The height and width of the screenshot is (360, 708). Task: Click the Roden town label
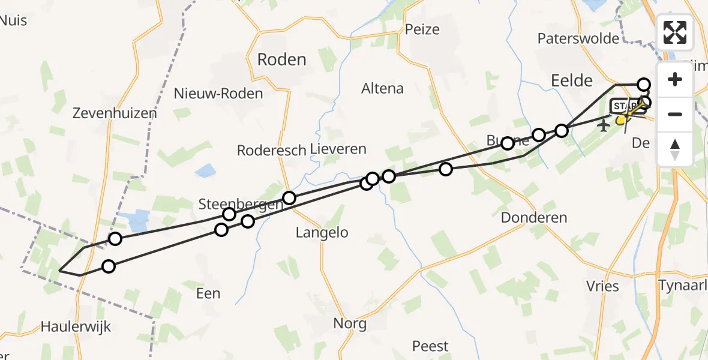(x=281, y=59)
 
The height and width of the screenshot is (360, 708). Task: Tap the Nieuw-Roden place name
(x=218, y=94)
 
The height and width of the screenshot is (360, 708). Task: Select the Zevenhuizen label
(x=115, y=113)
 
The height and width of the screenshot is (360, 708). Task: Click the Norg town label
(x=350, y=324)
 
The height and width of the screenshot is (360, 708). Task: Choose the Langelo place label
(x=322, y=233)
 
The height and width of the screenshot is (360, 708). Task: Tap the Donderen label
(x=533, y=217)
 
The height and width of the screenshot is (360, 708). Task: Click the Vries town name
(x=603, y=286)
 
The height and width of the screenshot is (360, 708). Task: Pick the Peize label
(x=422, y=29)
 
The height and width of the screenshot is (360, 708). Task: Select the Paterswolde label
(x=578, y=39)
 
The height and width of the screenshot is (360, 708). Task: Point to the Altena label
(x=382, y=89)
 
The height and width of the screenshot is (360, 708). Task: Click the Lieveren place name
(x=338, y=149)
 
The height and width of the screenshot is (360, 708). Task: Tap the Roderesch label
(x=272, y=150)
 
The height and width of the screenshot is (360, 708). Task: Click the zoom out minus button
(x=675, y=114)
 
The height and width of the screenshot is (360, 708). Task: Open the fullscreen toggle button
(x=675, y=32)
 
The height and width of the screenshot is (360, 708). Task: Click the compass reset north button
(x=675, y=148)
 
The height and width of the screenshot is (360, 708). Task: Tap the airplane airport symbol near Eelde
(x=604, y=125)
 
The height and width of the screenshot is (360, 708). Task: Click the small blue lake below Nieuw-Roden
(x=206, y=170)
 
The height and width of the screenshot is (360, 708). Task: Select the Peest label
(x=430, y=346)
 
